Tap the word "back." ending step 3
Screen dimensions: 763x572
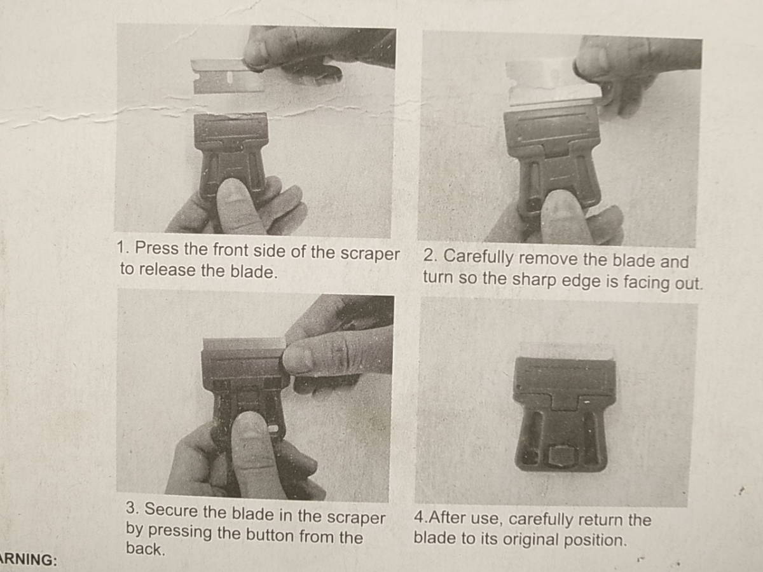click(x=145, y=549)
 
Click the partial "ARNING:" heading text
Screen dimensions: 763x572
click(x=29, y=560)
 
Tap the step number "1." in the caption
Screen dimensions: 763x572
click(x=123, y=247)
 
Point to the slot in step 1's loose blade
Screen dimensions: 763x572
click(x=230, y=78)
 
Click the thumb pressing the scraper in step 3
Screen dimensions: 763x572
click(x=252, y=448)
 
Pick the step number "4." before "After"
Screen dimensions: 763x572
click(x=421, y=518)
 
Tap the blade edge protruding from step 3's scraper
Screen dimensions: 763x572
click(x=244, y=344)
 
